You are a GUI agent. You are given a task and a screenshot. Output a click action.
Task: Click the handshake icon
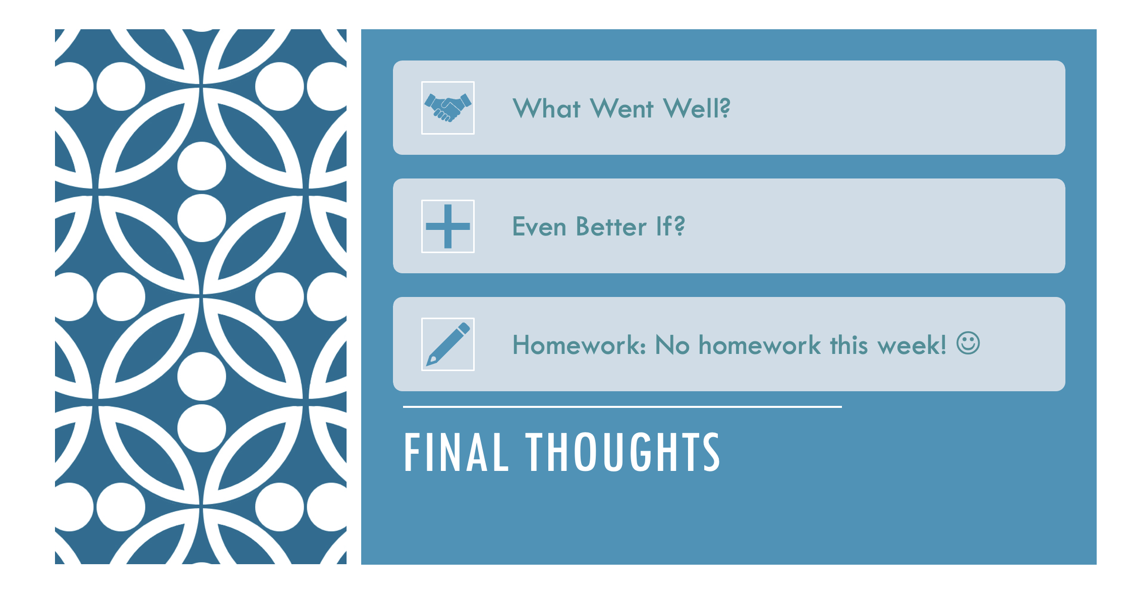(x=448, y=107)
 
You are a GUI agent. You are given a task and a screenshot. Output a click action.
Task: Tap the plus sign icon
(x=448, y=226)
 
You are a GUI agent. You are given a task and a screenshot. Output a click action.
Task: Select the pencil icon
(x=448, y=344)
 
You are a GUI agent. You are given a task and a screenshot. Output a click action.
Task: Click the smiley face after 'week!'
(x=968, y=343)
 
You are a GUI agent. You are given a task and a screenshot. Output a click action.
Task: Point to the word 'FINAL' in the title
(x=456, y=452)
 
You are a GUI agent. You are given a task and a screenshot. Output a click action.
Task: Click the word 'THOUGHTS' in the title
(x=623, y=452)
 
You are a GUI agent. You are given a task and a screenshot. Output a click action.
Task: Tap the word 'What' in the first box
(x=546, y=108)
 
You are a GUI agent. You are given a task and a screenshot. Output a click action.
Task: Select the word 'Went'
(x=622, y=108)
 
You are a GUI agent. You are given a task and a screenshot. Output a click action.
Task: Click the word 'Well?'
(x=697, y=108)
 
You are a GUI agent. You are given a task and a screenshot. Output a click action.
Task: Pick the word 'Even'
(x=539, y=227)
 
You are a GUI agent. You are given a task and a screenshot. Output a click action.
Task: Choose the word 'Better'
(x=611, y=226)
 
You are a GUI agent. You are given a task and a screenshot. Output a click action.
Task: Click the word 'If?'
(x=670, y=226)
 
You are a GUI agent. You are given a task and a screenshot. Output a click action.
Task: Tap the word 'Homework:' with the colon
(x=579, y=345)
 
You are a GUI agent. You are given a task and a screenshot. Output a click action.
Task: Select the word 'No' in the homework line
(x=672, y=346)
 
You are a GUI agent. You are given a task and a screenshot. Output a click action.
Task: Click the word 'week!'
(x=912, y=345)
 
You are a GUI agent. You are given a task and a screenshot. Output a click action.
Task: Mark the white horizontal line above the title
(x=622, y=406)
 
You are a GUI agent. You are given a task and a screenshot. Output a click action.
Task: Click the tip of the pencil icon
(x=428, y=365)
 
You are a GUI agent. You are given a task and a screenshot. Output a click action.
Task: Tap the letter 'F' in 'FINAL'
(x=413, y=453)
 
